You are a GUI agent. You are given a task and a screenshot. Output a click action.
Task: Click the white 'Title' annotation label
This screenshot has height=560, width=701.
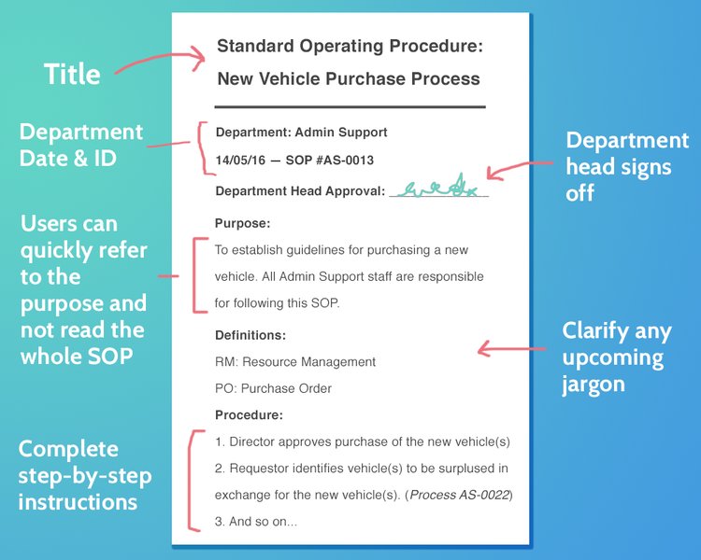pyautogui.click(x=72, y=75)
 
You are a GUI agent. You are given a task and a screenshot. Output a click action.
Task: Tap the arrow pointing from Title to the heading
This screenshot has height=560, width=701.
pyautogui.click(x=159, y=63)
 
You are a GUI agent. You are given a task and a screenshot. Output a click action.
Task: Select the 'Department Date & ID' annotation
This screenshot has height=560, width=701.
pyautogui.click(x=80, y=145)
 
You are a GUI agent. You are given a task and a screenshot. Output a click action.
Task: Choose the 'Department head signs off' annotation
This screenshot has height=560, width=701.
pyautogui.click(x=627, y=166)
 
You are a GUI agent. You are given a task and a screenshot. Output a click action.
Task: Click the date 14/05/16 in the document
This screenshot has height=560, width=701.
pyautogui.click(x=236, y=161)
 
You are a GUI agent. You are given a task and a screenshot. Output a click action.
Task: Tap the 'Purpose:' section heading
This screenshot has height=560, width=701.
pyautogui.click(x=242, y=224)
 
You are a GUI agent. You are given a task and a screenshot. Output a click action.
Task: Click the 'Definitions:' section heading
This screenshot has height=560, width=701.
pyautogui.click(x=250, y=335)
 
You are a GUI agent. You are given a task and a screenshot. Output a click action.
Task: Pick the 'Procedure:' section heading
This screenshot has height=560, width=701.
pyautogui.click(x=249, y=415)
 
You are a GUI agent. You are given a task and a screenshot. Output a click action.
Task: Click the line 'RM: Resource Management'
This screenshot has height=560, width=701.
pyautogui.click(x=294, y=362)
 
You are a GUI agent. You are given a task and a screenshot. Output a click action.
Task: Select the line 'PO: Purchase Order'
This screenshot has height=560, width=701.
pyautogui.click(x=273, y=389)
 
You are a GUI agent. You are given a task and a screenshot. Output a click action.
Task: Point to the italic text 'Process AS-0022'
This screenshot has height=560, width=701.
pyautogui.click(x=462, y=495)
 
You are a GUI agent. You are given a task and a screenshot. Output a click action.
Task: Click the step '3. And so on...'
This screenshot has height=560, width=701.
pyautogui.click(x=255, y=522)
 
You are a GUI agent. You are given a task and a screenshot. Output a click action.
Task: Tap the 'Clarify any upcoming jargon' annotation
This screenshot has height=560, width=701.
pyautogui.click(x=612, y=357)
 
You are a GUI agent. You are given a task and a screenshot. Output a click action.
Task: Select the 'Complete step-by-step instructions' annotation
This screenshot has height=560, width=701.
pyautogui.click(x=84, y=475)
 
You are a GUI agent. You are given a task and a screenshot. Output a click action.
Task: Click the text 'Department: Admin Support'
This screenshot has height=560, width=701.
pyautogui.click(x=301, y=133)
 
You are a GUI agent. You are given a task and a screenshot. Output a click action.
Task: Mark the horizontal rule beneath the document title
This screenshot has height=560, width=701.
pyautogui.click(x=350, y=107)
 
